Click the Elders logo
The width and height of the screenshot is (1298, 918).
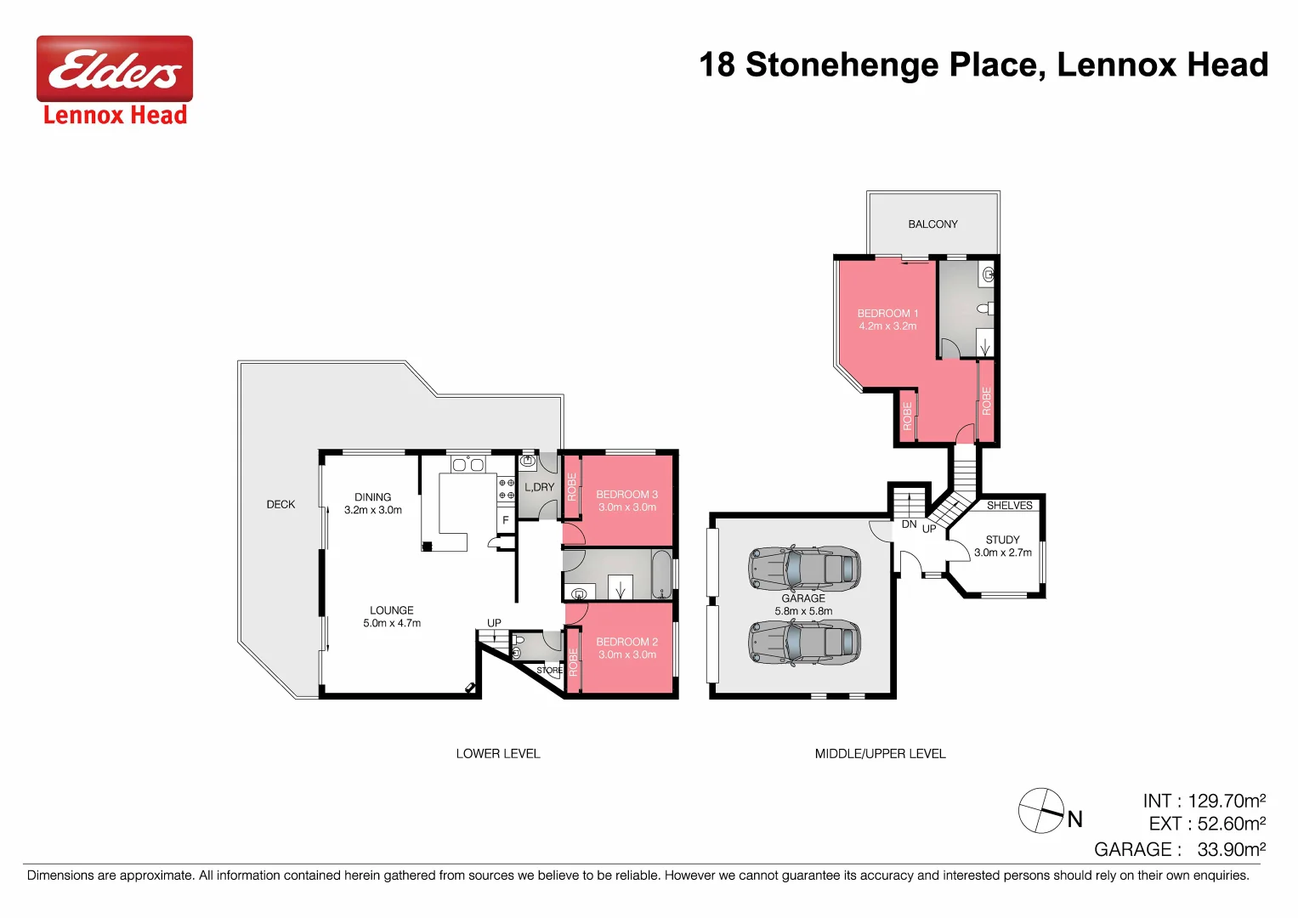tap(114, 69)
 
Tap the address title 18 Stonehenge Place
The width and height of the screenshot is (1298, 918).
tap(983, 65)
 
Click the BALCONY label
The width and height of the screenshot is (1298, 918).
tap(932, 224)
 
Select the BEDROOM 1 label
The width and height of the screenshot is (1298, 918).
tap(887, 314)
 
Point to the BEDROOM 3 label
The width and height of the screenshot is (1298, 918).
tap(626, 495)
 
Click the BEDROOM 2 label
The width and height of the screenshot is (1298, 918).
tap(626, 643)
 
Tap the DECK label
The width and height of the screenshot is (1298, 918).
tap(281, 505)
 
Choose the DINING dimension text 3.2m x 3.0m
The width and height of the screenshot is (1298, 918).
tap(373, 511)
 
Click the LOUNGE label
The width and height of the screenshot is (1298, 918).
tap(392, 610)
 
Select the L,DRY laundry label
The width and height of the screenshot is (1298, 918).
tap(539, 488)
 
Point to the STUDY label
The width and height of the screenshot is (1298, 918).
tap(1002, 540)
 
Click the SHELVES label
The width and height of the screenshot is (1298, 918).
tap(1009, 506)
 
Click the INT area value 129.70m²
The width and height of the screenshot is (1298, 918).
tap(1227, 802)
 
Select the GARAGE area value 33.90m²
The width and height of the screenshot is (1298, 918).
tap(1231, 850)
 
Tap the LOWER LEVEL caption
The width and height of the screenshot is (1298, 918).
tap(498, 754)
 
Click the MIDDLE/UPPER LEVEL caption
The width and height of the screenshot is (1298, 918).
tap(880, 754)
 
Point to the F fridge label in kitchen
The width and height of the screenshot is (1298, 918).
tap(506, 520)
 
